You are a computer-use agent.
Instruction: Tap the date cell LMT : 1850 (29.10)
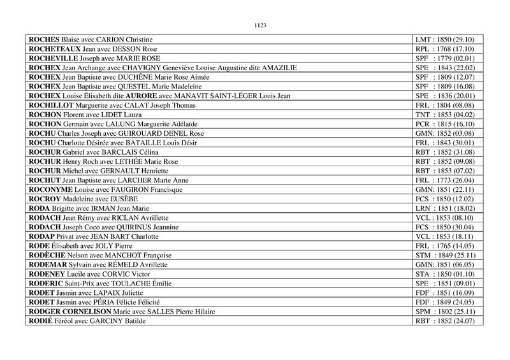(x=448, y=40)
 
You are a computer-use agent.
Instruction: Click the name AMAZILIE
(x=279, y=68)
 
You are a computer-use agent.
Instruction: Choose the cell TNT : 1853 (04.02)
(x=448, y=115)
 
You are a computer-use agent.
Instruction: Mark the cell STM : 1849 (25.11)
(x=448, y=255)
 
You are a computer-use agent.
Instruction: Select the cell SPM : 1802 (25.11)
(x=448, y=311)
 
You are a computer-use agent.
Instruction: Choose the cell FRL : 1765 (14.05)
(x=448, y=245)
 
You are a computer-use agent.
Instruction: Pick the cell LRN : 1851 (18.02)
(x=448, y=208)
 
